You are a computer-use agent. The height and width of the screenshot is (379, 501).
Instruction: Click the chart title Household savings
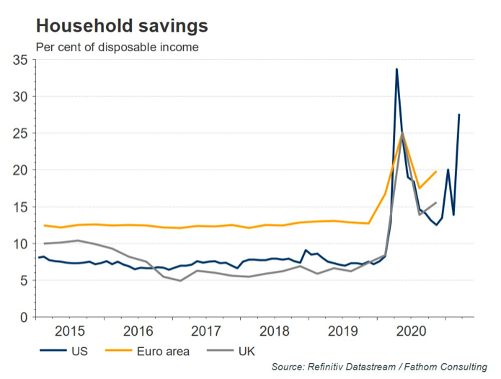coord(122,26)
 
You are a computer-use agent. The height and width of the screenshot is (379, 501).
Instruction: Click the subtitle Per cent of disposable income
coord(117,48)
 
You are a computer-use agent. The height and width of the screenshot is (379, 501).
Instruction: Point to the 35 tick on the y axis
coord(20,60)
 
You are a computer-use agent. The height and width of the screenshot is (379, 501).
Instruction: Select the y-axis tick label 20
coord(20,170)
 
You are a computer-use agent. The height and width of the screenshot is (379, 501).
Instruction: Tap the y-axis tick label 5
coord(24,281)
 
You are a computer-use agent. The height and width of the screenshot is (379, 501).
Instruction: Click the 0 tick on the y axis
coord(24,318)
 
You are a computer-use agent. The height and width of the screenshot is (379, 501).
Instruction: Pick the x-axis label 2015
coord(70,332)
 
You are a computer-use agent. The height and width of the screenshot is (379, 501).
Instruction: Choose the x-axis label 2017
coord(206,332)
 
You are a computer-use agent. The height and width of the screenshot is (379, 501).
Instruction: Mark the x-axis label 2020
coord(410,332)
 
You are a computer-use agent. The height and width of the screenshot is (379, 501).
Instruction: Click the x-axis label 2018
coord(275,332)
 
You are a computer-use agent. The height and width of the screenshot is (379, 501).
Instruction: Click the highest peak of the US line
coord(396,69)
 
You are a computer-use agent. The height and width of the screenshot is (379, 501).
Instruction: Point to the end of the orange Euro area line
coord(436,171)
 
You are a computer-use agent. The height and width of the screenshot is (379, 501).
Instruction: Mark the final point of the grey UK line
coord(435,202)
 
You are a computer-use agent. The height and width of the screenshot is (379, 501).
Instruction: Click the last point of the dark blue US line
coord(459,115)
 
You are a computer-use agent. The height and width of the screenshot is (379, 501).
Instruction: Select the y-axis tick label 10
coord(20,244)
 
